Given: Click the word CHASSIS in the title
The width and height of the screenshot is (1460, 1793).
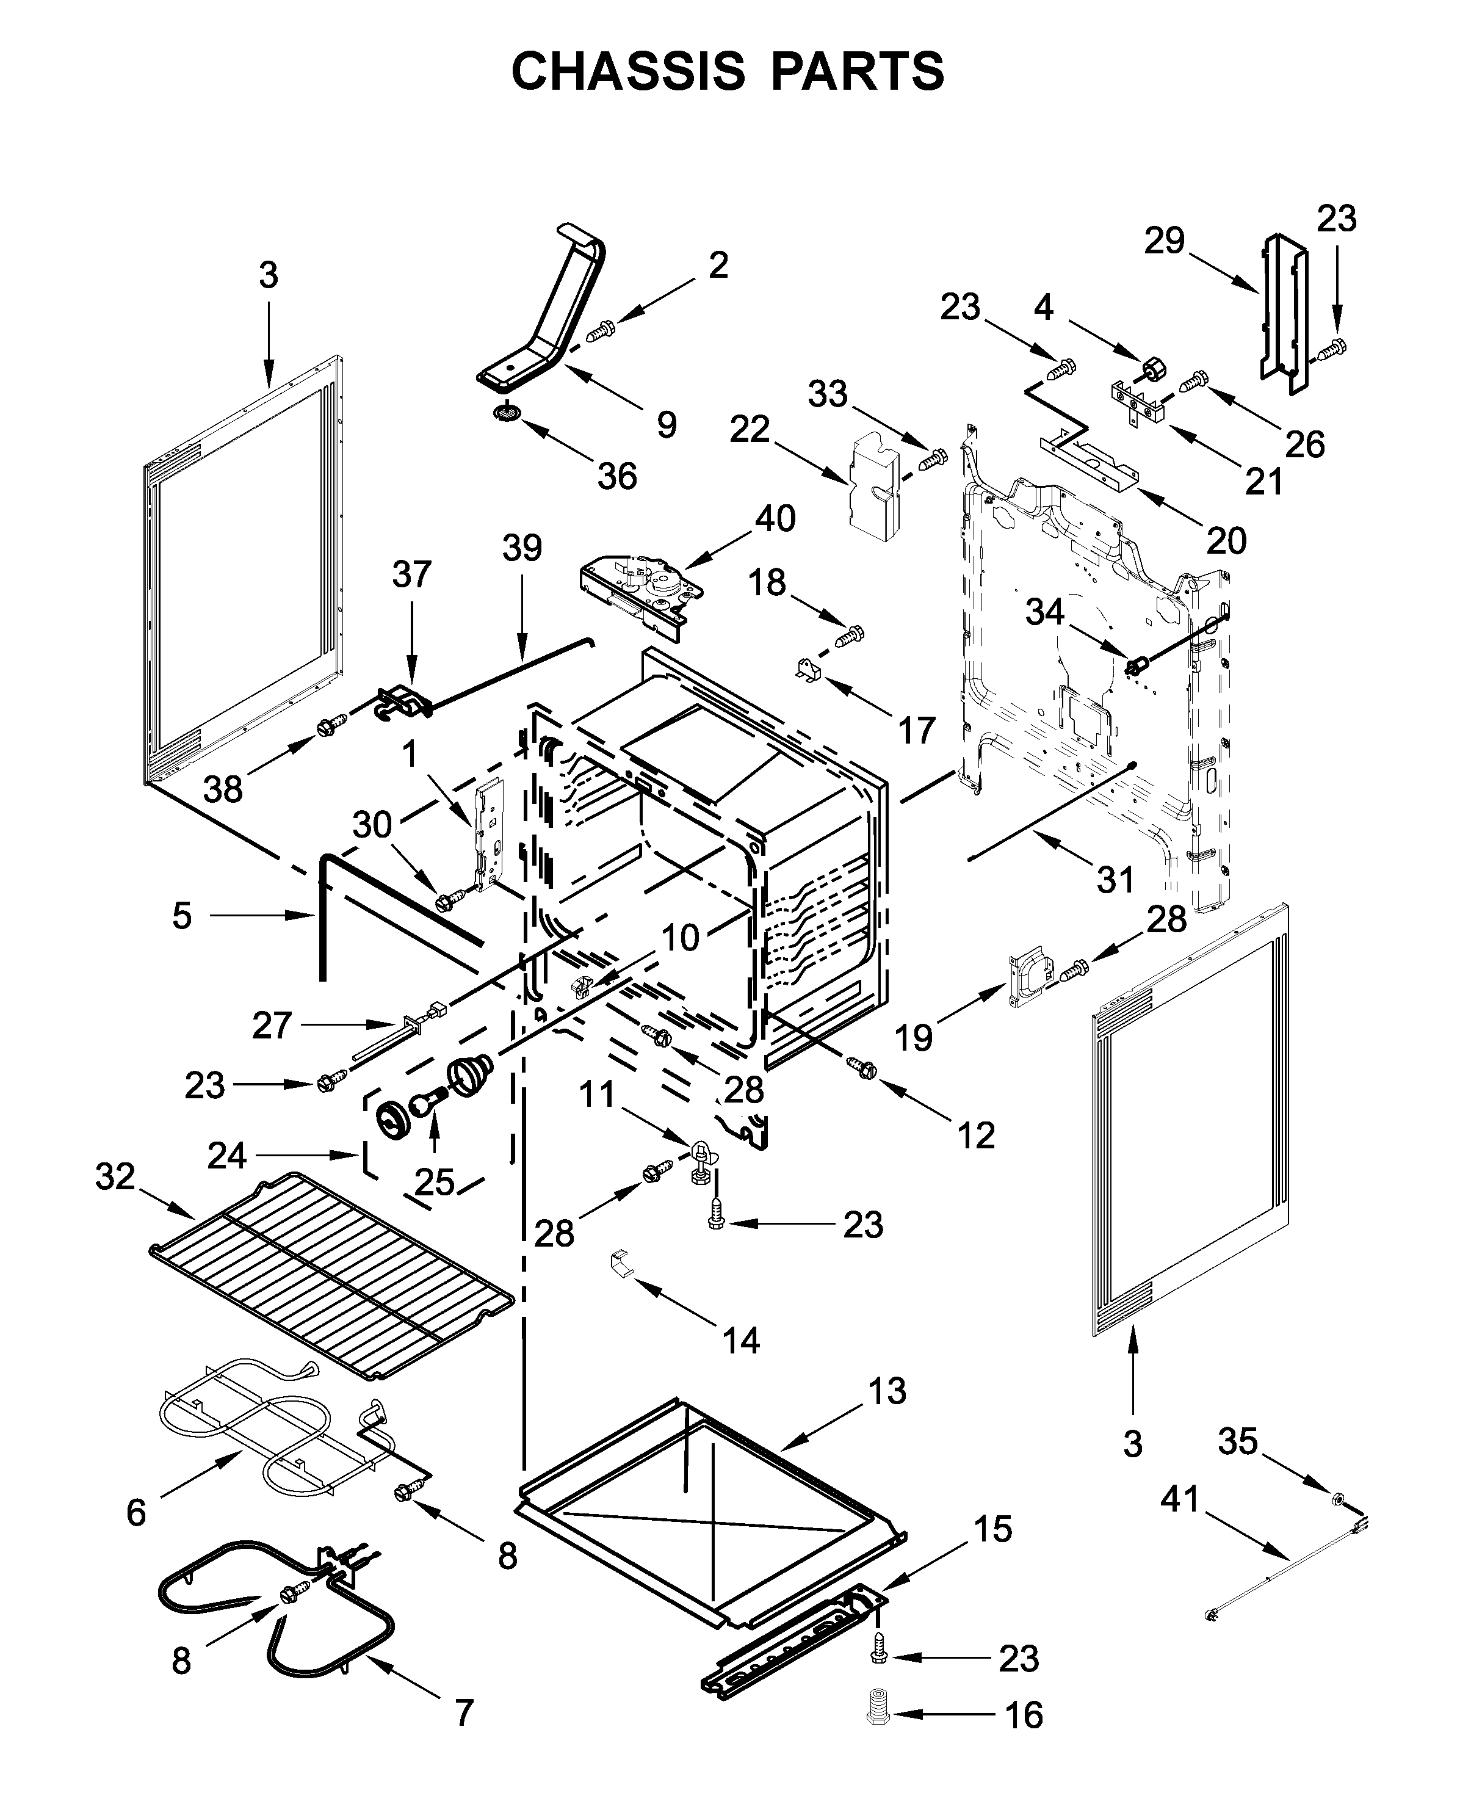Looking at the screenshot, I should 627,71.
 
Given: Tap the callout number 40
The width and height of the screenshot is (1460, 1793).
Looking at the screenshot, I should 775,518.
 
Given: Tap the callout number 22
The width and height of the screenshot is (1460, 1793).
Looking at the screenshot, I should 750,430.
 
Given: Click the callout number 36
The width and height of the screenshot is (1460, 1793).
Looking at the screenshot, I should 617,476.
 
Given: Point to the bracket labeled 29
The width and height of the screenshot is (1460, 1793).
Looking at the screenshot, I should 1284,316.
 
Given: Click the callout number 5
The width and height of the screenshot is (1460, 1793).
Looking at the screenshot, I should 182,915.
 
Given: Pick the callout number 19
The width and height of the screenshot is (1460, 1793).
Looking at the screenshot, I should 913,1037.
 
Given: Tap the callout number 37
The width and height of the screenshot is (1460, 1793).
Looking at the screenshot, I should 411,574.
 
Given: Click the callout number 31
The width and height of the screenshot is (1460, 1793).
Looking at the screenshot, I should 1116,880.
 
